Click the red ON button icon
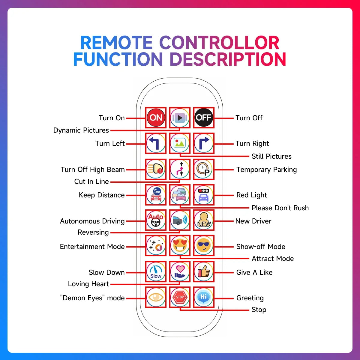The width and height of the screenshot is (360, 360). (x=156, y=118)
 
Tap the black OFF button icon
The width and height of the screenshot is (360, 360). (x=204, y=118)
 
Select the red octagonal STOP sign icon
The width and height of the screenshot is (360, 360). (x=180, y=297)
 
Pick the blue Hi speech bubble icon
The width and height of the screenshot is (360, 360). (x=204, y=297)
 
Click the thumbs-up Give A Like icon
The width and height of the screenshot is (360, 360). (x=204, y=272)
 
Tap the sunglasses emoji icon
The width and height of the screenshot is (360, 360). (x=204, y=246)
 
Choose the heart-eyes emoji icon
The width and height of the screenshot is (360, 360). (x=180, y=246)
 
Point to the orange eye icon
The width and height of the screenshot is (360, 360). (x=156, y=297)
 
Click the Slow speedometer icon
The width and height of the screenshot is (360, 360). (x=156, y=272)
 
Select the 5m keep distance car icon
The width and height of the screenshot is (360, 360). (x=156, y=195)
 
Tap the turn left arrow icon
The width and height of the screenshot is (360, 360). (x=156, y=143)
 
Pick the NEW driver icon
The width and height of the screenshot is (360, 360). (x=204, y=220)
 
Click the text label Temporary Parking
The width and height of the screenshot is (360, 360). (x=266, y=169)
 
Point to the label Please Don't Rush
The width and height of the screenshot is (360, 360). (x=280, y=208)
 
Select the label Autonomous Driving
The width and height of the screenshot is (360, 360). (x=92, y=221)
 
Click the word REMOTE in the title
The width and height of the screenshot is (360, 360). (x=116, y=43)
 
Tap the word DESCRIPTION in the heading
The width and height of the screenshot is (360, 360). (x=228, y=59)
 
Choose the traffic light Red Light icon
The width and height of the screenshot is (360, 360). (x=204, y=195)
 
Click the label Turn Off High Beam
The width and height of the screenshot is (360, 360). (x=92, y=169)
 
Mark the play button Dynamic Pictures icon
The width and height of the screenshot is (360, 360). (x=180, y=118)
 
